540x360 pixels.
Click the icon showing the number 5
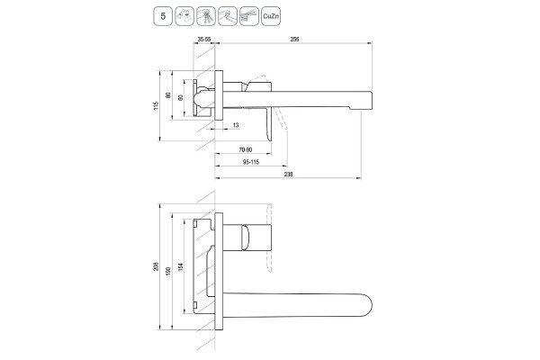pos(163,16)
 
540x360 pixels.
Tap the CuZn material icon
pos(271,16)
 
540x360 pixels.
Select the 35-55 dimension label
pos(204,39)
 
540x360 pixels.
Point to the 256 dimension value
pos(294,39)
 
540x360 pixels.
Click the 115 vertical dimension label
pos(156,106)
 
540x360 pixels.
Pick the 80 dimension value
pos(168,95)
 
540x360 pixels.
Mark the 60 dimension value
pos(181,98)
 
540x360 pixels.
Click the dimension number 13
pos(236,125)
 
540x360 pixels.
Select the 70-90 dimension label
pos(246,150)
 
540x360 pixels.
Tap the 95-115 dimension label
pos(251,162)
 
